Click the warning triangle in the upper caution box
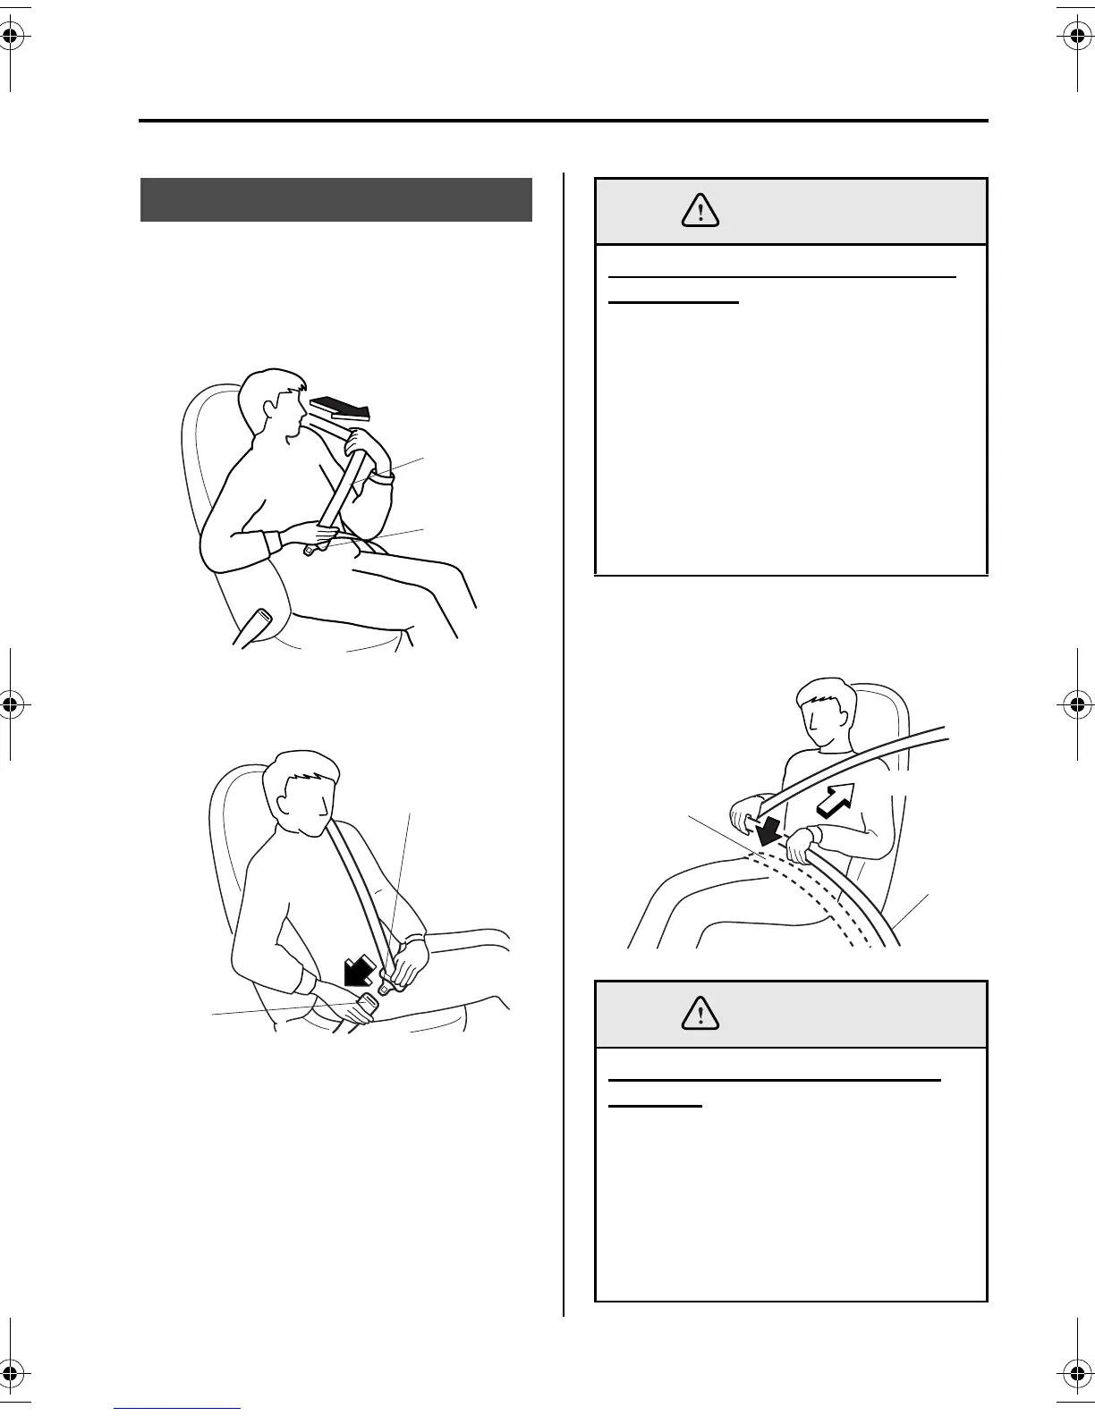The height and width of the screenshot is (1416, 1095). tap(700, 210)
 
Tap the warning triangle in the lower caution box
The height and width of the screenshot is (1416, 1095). tap(700, 1013)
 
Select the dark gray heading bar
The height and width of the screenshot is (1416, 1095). tap(336, 199)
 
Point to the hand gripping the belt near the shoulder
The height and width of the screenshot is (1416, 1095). tap(368, 443)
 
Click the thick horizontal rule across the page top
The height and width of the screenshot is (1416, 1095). tap(564, 121)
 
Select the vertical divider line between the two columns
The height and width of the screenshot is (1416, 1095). tap(564, 742)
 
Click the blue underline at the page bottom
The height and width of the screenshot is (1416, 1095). tap(178, 1408)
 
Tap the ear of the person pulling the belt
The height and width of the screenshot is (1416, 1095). tap(267, 408)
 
